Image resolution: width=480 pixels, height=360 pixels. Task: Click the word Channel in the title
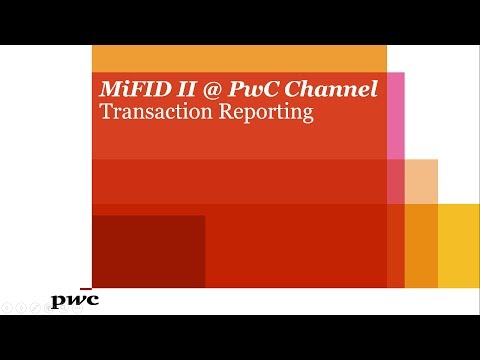point(333,88)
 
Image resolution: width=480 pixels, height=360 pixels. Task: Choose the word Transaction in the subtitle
point(147,112)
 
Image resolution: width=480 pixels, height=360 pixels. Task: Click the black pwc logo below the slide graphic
point(75,300)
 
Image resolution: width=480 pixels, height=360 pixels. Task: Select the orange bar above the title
point(239,58)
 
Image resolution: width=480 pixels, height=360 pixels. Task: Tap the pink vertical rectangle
point(395,115)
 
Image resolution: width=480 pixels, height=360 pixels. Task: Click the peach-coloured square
point(421,181)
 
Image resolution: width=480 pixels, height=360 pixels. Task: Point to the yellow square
point(459,246)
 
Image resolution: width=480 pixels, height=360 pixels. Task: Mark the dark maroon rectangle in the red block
point(148,251)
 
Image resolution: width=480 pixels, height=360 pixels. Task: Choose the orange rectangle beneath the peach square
point(421,246)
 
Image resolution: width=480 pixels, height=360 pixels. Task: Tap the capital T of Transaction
point(105,112)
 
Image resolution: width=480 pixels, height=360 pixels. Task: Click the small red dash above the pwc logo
point(86,290)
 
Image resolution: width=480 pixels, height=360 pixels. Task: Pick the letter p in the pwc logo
point(59,301)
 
